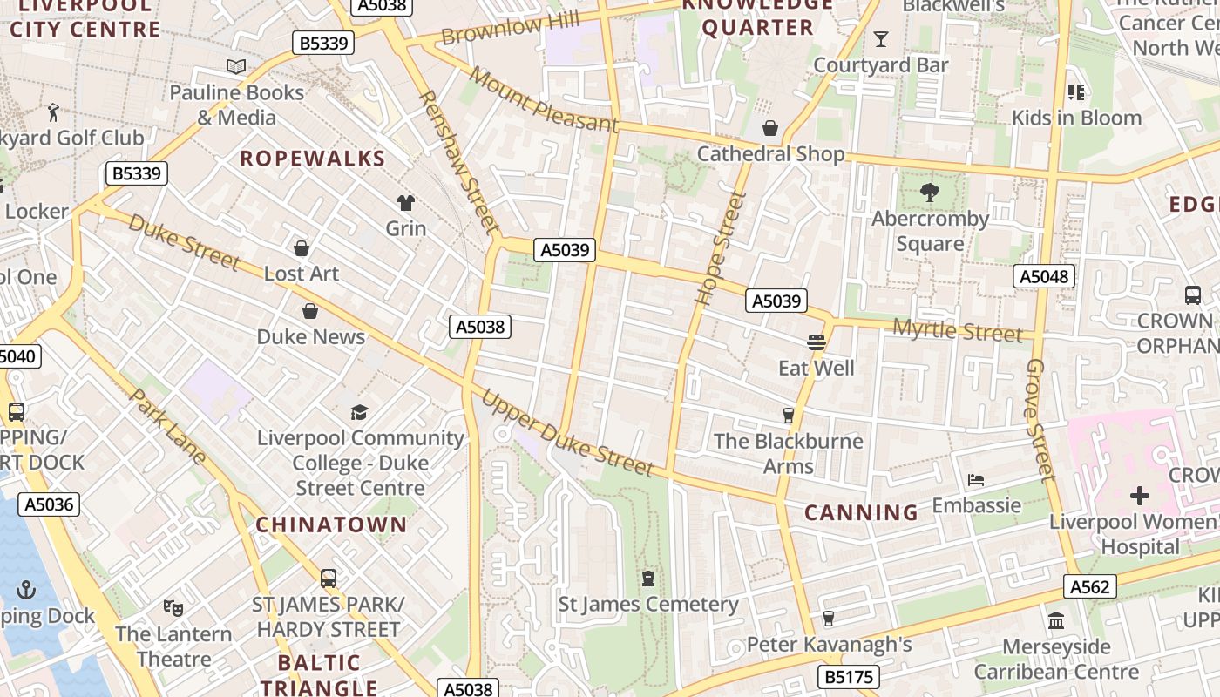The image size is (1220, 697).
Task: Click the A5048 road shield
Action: [1043, 277]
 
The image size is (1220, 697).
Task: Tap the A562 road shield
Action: [1089, 587]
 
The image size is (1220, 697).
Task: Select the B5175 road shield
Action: [849, 677]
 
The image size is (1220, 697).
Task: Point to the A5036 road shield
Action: [49, 504]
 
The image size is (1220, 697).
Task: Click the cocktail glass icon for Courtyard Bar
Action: [880, 39]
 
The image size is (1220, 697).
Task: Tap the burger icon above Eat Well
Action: [817, 342]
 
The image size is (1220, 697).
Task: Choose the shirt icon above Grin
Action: [406, 203]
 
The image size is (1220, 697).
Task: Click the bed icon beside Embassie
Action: [976, 480]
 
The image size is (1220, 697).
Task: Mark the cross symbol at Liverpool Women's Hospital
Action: [1139, 497]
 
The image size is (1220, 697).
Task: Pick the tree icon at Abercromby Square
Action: [930, 193]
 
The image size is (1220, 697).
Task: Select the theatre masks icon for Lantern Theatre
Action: [173, 608]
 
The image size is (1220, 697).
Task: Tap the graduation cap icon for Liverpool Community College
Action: [359, 412]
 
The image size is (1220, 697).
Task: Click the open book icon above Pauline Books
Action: [236, 66]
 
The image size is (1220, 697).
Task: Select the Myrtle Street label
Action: [958, 331]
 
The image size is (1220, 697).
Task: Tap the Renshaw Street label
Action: [459, 162]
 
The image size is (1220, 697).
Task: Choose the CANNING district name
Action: [860, 512]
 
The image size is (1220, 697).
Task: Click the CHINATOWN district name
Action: [331, 524]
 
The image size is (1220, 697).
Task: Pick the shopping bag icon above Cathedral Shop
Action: [770, 129]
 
